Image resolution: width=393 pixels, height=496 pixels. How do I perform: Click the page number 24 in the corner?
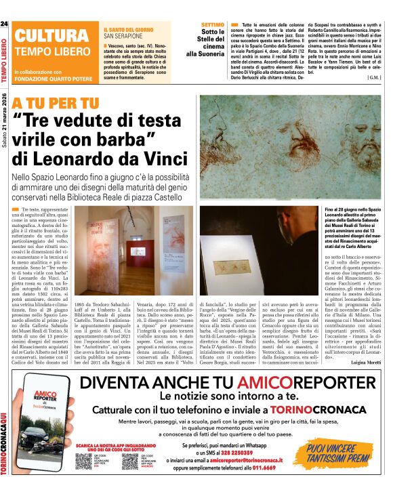pyautogui.click(x=5, y=24)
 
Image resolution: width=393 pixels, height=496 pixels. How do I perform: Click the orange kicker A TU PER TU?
pyautogui.click(x=55, y=104)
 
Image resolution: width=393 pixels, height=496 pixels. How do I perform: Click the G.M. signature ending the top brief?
pyautogui.click(x=373, y=78)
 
